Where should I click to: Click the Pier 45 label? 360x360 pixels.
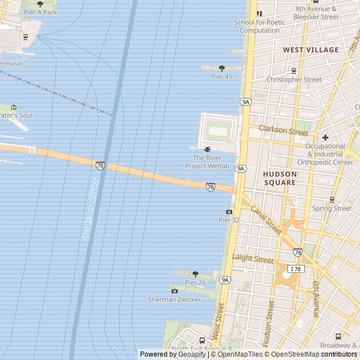[222, 76]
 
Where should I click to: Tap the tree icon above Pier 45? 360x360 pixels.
[222, 68]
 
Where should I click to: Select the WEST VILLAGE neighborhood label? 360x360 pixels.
[310, 49]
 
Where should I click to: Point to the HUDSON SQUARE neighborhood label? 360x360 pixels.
[280, 178]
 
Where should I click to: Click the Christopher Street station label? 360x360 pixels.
[294, 80]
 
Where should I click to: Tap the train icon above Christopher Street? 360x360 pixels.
[294, 71]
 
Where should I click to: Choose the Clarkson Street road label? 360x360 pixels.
[283, 130]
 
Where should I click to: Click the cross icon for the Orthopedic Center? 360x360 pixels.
[325, 137]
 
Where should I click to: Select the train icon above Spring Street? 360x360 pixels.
[332, 200]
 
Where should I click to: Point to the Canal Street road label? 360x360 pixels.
[265, 220]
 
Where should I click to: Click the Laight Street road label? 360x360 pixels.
[253, 259]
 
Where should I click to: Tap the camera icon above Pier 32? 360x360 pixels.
[229, 212]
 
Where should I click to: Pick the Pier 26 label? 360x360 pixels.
[195, 282]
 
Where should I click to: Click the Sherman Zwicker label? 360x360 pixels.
[174, 299]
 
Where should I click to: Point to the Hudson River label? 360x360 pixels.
[91, 210]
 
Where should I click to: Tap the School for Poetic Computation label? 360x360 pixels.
[259, 26]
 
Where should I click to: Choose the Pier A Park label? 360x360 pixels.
[40, 12]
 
